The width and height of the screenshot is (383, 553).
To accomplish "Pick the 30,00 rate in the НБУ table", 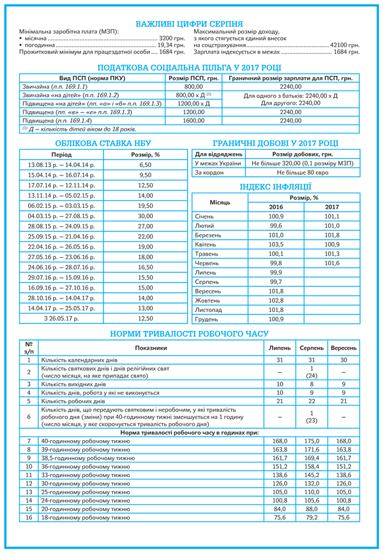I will (x=146, y=216).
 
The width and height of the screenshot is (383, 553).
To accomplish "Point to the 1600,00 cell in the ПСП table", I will (x=193, y=120).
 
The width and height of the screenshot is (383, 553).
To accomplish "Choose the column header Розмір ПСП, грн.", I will (x=193, y=78).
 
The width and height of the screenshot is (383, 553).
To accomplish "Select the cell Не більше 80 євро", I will (x=303, y=172).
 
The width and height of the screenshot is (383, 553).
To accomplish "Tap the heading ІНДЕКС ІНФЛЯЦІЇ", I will (x=276, y=187).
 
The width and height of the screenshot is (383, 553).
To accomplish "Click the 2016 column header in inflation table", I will (x=276, y=207).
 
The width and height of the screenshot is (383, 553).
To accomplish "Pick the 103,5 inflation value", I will (x=276, y=244).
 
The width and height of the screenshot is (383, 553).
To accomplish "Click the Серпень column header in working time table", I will (x=312, y=348).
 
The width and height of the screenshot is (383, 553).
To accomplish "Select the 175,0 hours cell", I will (x=312, y=441).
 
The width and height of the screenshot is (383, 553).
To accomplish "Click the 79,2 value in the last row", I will (x=312, y=519).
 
